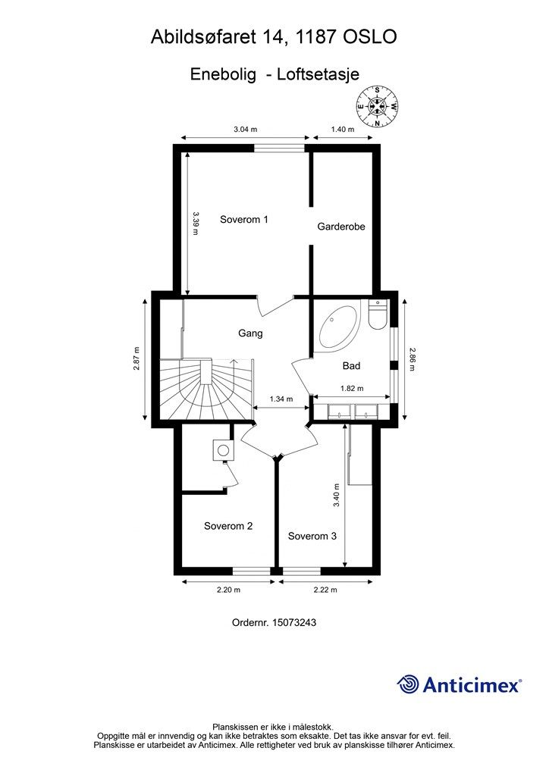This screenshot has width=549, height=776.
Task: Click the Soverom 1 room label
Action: tap(244, 220)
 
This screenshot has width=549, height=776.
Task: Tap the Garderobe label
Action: tap(341, 226)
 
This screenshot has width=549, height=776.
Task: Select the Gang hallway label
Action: tap(250, 333)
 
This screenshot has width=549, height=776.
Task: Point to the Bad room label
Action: tap(351, 365)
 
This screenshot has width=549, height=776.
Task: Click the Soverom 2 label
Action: tap(228, 526)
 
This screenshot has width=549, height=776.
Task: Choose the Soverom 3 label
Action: tap(312, 536)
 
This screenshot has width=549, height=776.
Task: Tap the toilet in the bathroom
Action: tap(377, 314)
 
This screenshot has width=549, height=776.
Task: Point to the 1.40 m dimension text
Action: tap(343, 130)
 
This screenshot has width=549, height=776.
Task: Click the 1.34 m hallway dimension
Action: tap(281, 399)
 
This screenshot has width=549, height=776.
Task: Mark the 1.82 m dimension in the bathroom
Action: tap(352, 388)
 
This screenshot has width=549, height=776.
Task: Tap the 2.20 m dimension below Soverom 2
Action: tap(227, 590)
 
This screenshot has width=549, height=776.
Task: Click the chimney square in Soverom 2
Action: tap(223, 450)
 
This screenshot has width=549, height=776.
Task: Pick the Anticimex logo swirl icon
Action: tap(409, 685)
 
